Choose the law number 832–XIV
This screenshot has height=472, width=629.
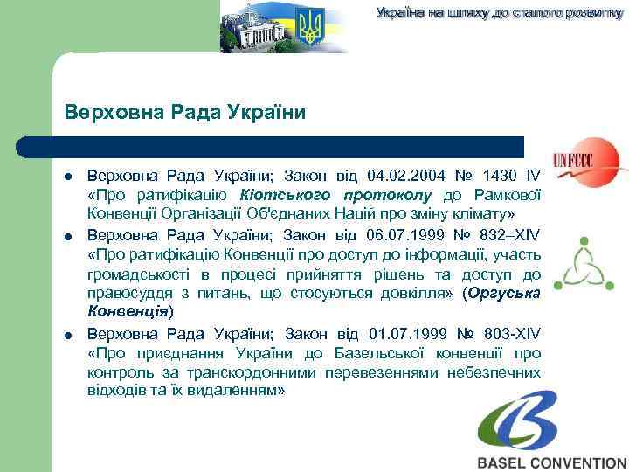click(510, 235)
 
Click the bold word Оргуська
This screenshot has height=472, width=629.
click(505, 294)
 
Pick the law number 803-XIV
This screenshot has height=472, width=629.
click(510, 334)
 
